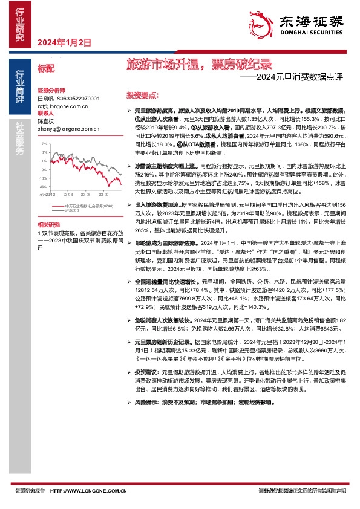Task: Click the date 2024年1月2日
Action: [64, 43]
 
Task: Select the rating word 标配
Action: [46, 68]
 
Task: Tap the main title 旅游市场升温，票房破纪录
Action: [199, 63]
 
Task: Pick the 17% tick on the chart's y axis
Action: [43, 144]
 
